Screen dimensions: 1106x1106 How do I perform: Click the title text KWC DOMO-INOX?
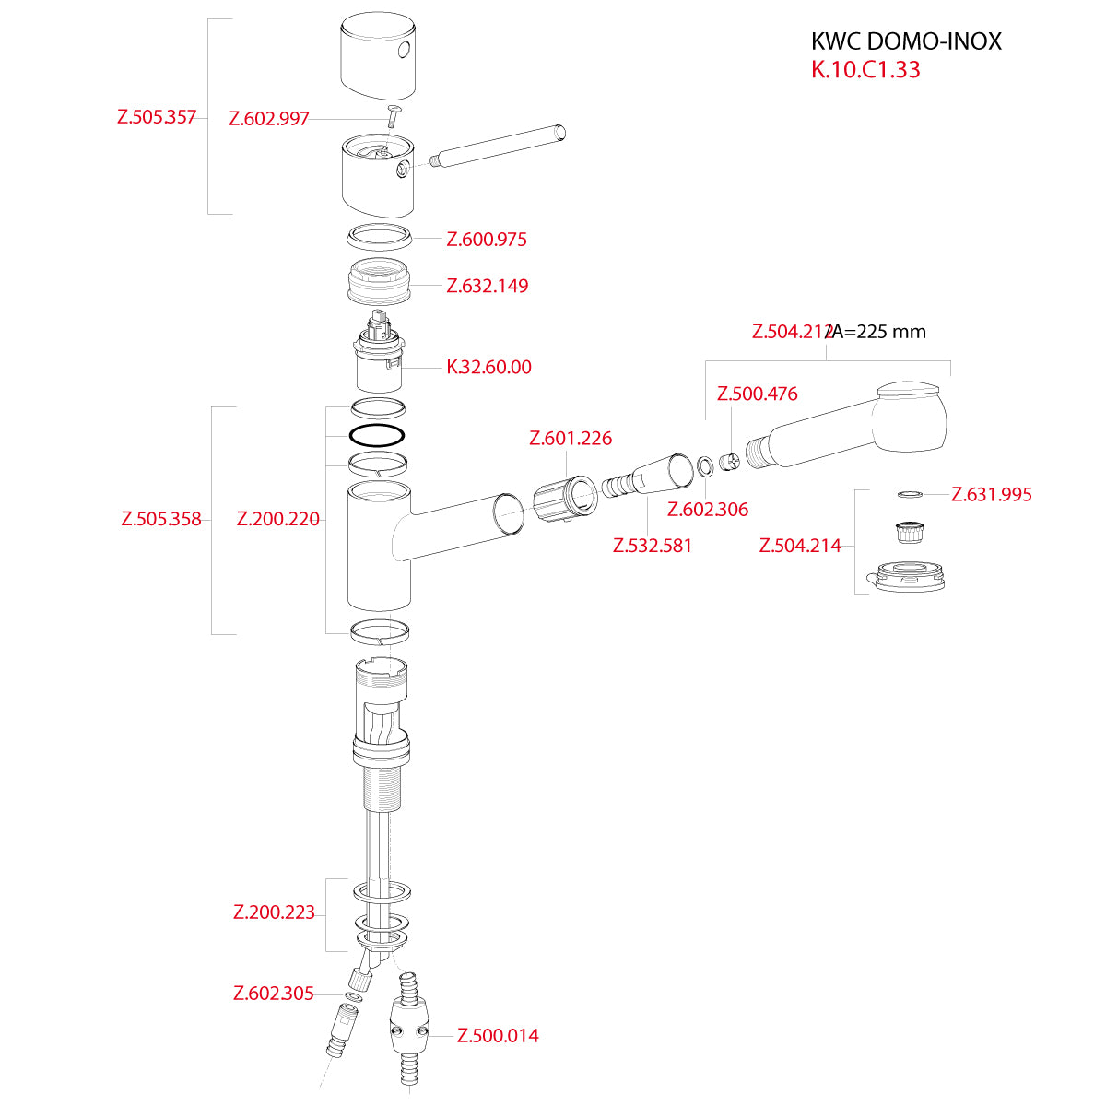(905, 41)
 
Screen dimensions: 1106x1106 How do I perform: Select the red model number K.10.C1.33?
(865, 70)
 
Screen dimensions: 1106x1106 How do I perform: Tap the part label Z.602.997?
(269, 119)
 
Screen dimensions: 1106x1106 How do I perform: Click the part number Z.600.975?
(487, 240)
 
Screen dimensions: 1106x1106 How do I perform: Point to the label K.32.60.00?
(488, 367)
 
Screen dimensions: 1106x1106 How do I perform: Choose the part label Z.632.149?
(488, 286)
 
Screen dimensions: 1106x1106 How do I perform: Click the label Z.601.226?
(571, 439)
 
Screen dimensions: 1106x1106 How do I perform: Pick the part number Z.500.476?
(758, 394)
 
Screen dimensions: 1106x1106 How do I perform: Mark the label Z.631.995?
(992, 495)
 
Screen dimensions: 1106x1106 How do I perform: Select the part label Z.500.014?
(498, 1036)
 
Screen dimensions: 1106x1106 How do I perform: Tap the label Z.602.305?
(274, 994)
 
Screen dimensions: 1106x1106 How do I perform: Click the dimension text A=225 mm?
(879, 332)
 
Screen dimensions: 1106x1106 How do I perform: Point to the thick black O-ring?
(377, 434)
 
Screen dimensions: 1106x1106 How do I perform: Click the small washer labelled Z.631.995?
(909, 495)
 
